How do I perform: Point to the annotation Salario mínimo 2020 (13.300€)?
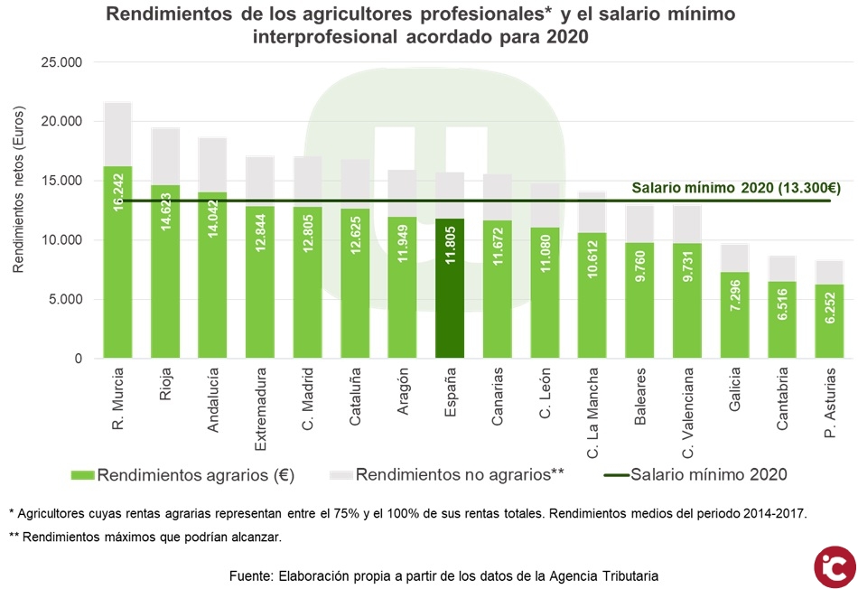[x=736, y=188]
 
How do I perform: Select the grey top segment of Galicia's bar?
[x=733, y=257]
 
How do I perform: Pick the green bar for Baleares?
[x=639, y=307]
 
